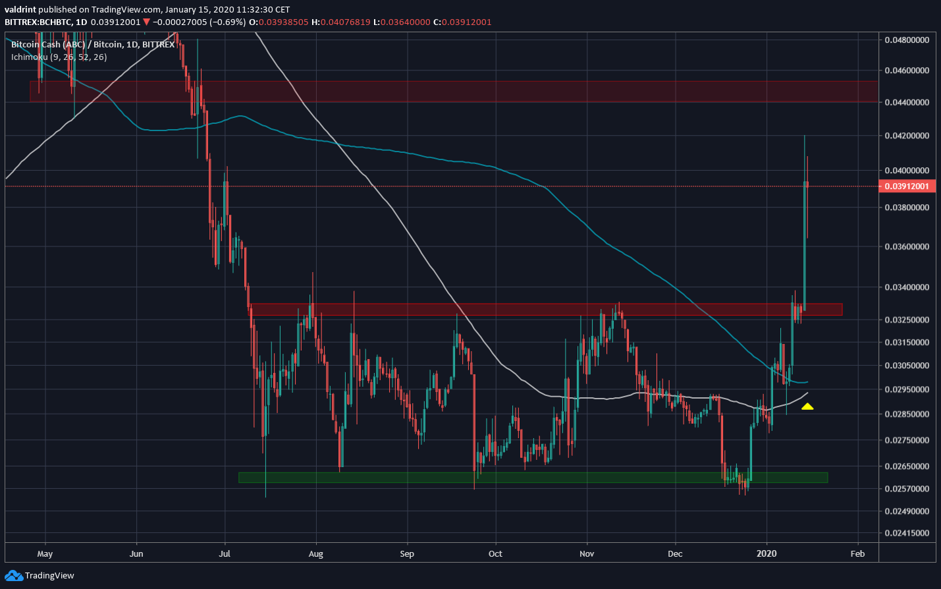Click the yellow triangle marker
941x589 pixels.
click(807, 407)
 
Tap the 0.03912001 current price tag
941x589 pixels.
click(906, 186)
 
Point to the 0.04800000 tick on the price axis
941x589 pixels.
click(906, 40)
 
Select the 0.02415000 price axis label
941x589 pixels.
click(906, 533)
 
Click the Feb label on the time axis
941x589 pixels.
click(857, 553)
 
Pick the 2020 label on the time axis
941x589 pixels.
click(766, 553)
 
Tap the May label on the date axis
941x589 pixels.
click(45, 553)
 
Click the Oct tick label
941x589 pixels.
click(495, 553)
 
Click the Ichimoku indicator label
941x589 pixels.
click(59, 57)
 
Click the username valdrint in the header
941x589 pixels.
click(20, 10)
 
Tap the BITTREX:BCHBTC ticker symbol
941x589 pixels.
click(38, 22)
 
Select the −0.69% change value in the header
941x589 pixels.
click(229, 22)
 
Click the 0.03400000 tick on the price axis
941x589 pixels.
click(906, 287)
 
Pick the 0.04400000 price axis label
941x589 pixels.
click(906, 102)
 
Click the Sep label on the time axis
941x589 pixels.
click(407, 553)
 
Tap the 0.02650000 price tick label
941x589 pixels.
click(906, 466)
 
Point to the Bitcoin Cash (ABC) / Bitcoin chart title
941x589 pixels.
click(93, 45)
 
